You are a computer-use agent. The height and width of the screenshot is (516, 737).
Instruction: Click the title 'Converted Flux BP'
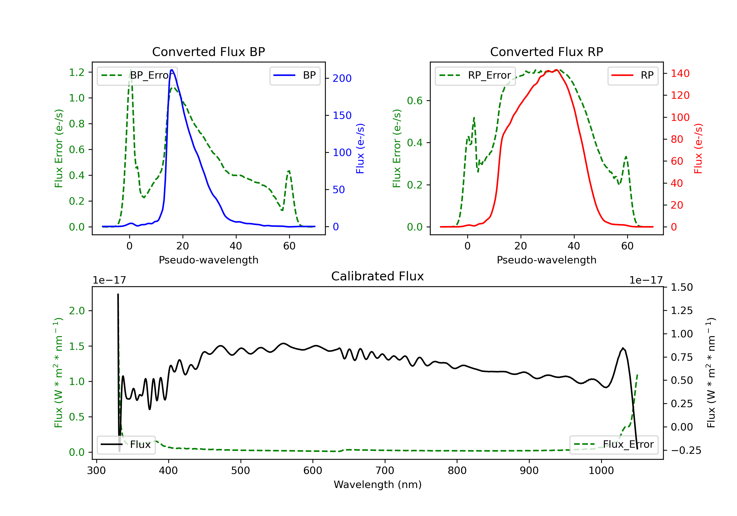click(x=208, y=52)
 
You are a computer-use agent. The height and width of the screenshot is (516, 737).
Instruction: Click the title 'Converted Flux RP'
click(x=546, y=52)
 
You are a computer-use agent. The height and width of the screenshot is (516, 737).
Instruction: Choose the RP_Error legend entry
click(x=475, y=75)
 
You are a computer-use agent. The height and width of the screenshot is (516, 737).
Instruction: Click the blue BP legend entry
click(x=295, y=75)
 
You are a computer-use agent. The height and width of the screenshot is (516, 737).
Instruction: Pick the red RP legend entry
click(x=633, y=75)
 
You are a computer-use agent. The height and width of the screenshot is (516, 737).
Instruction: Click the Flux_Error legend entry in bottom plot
click(x=614, y=444)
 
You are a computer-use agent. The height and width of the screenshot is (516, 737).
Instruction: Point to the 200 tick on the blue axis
click(x=342, y=78)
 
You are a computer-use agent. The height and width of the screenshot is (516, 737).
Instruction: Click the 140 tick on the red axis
click(x=680, y=73)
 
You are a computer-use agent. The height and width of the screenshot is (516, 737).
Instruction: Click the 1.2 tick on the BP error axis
click(x=77, y=72)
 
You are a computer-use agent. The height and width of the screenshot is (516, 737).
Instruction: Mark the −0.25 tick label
click(x=686, y=450)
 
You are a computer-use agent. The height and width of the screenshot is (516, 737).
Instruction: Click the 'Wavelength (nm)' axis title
click(x=378, y=485)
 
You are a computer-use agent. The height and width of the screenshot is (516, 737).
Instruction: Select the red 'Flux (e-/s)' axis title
click(x=698, y=149)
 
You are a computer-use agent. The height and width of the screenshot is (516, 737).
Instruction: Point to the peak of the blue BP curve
click(x=172, y=70)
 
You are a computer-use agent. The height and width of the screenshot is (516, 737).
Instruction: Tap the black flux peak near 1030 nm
click(x=623, y=348)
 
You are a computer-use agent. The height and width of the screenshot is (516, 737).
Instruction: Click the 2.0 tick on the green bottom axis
click(x=77, y=311)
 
